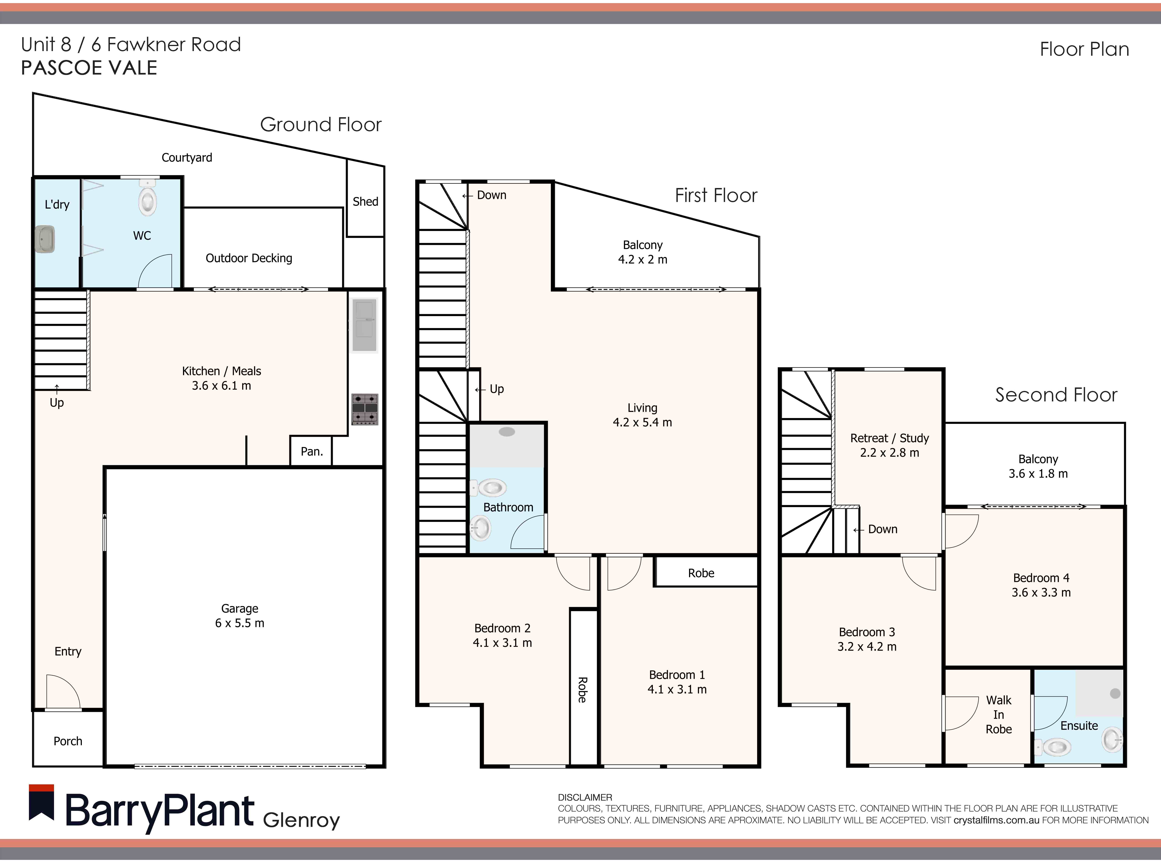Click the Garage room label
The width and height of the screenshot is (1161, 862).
tap(239, 608)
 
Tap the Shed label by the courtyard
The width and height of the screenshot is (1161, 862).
tap(365, 201)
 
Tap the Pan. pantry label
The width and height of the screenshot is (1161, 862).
tap(311, 451)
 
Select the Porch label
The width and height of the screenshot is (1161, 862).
tap(68, 741)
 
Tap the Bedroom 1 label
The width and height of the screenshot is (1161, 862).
tap(677, 675)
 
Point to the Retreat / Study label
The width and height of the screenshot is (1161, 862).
tap(889, 438)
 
